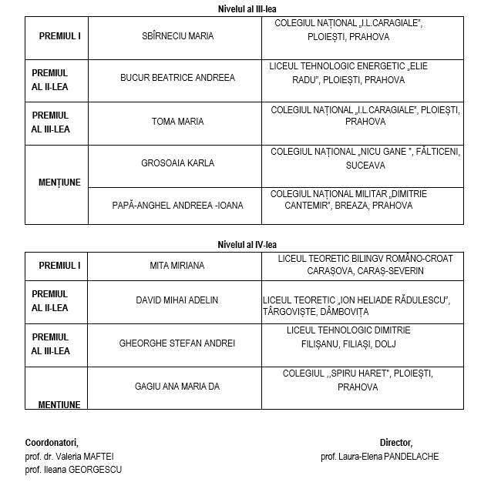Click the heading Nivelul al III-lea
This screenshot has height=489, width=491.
pyautogui.click(x=244, y=8)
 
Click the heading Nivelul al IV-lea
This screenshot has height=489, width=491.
pyautogui.click(x=244, y=244)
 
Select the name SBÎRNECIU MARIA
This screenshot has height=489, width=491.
pyautogui.click(x=178, y=36)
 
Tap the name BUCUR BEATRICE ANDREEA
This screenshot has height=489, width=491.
pyautogui.click(x=178, y=78)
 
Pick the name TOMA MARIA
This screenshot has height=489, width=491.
pyautogui.click(x=178, y=122)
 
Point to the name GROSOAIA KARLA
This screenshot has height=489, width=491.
pyautogui.click(x=178, y=163)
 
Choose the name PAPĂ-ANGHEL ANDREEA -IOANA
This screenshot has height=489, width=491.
pyautogui.click(x=178, y=206)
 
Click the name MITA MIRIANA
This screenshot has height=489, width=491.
pyautogui.click(x=177, y=266)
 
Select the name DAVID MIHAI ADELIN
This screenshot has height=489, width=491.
pyautogui.click(x=177, y=300)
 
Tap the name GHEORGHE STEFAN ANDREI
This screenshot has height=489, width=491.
pyautogui.click(x=177, y=343)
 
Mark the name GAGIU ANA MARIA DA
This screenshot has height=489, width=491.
pyautogui.click(x=177, y=387)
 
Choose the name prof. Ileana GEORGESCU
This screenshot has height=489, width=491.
pyautogui.click(x=73, y=470)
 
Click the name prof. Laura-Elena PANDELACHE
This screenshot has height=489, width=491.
pyautogui.click(x=379, y=456)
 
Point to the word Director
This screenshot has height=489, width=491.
pyautogui.click(x=395, y=442)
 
